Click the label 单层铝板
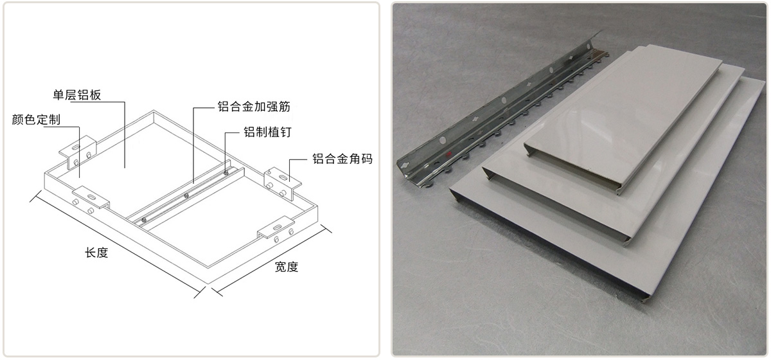[76, 94]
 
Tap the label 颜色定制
[36, 120]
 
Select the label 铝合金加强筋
[254, 107]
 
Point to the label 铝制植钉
[267, 132]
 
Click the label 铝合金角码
[342, 159]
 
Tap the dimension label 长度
[96, 253]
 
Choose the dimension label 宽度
[287, 267]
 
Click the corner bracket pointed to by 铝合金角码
[282, 183]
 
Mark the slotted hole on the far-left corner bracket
[75, 147]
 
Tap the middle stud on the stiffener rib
[186, 195]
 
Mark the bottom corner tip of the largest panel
[643, 301]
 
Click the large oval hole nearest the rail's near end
[442, 140]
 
